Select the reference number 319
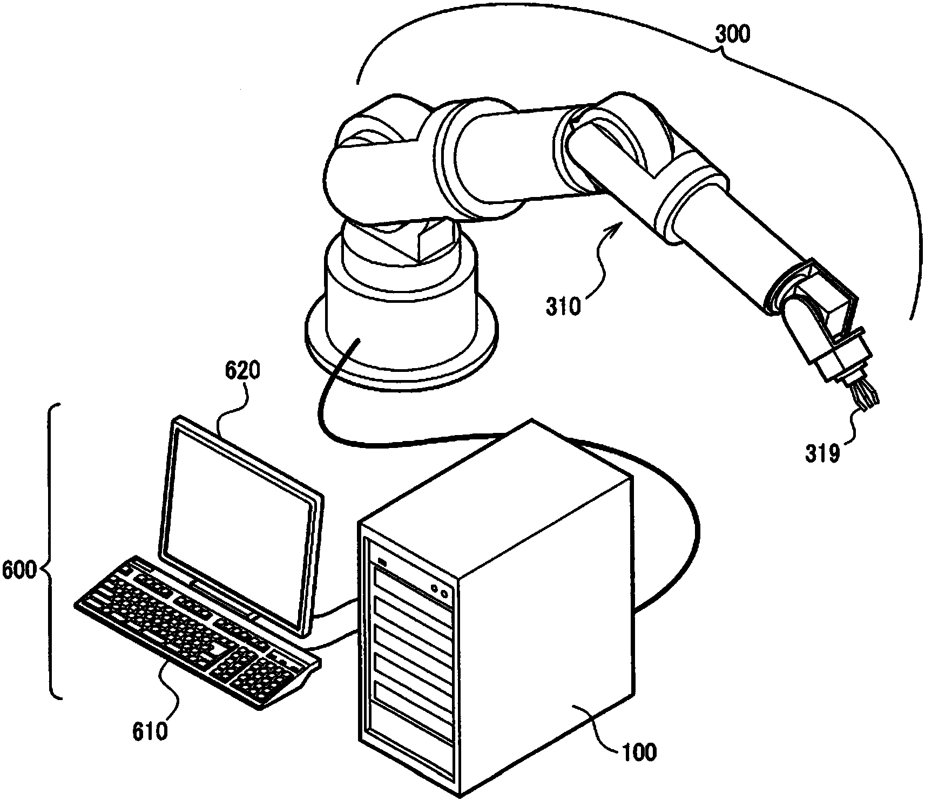823,453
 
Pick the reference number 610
151,731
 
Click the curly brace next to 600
53,551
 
